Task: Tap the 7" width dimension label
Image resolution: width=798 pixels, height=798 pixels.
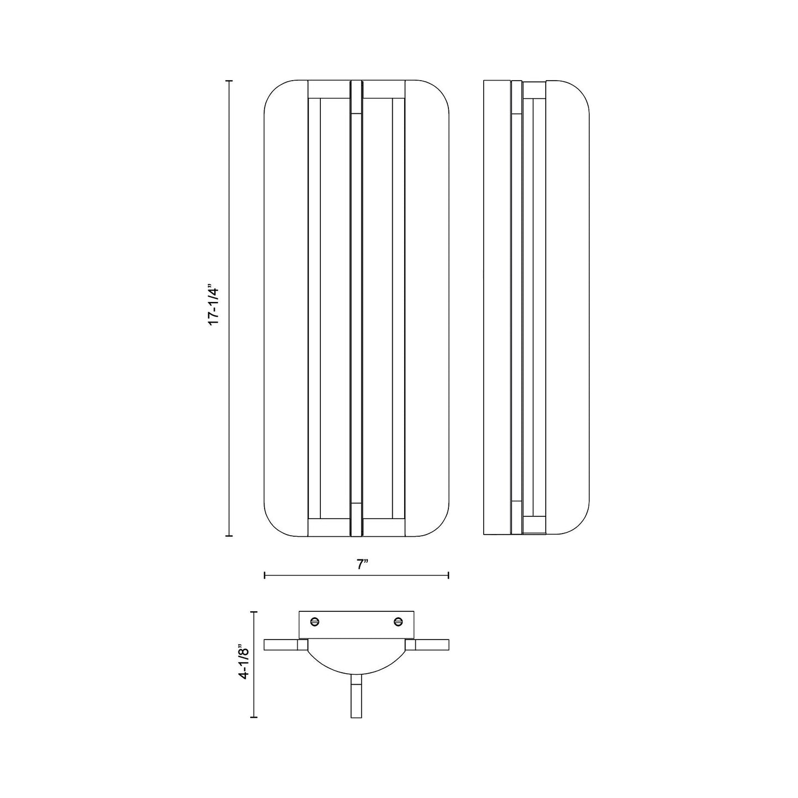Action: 362,564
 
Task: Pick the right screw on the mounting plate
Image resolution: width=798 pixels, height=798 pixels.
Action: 398,621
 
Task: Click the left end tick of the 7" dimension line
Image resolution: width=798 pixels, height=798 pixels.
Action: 265,575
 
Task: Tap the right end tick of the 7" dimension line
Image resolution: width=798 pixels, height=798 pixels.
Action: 448,575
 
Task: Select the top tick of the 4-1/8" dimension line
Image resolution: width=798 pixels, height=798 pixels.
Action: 253,612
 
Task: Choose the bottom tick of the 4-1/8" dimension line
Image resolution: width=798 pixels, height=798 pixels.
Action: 253,717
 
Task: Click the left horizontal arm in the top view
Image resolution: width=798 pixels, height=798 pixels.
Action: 282,644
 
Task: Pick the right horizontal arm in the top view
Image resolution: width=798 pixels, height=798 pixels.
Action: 432,644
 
